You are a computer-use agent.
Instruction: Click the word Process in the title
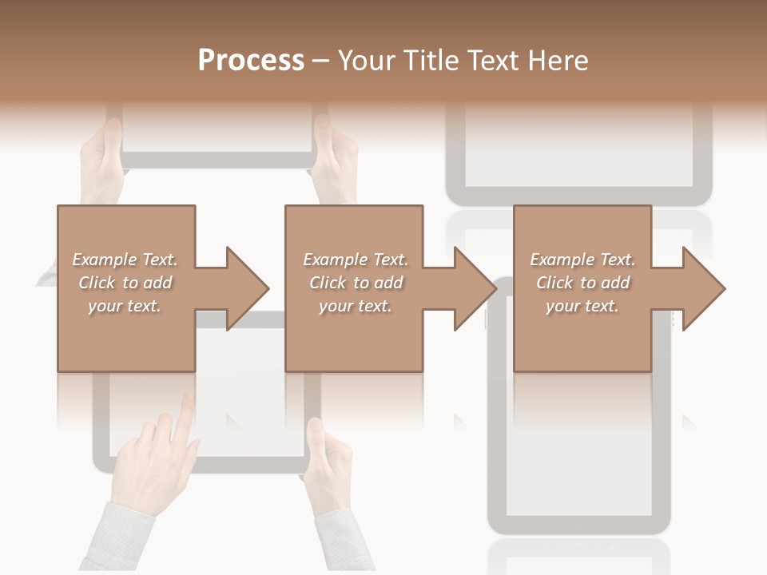tap(251, 61)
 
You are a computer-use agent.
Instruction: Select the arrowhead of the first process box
tap(244, 288)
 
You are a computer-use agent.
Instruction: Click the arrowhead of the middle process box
tap(473, 288)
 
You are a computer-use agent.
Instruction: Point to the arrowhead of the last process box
tap(701, 288)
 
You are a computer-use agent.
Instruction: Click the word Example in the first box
tap(104, 260)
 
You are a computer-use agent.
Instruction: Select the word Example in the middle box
tap(335, 260)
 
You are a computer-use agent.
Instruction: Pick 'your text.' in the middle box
tap(355, 306)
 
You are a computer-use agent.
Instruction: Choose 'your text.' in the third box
tap(582, 306)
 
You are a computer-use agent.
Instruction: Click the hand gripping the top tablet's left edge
tap(102, 160)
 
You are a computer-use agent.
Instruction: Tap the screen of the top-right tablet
tap(579, 152)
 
